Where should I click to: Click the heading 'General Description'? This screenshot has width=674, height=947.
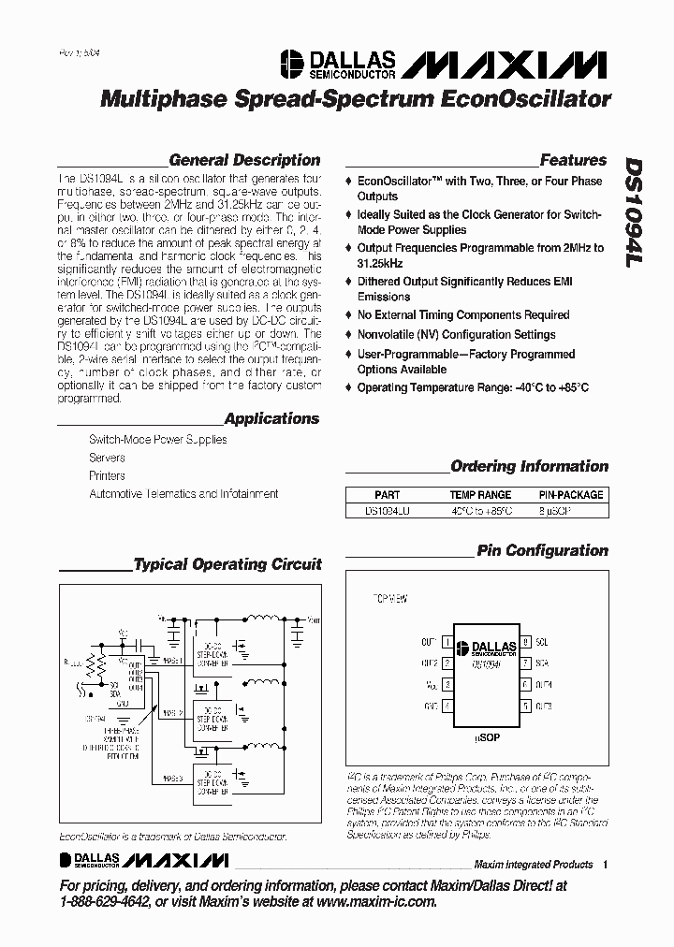tap(244, 160)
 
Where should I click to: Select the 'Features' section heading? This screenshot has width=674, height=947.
tap(573, 160)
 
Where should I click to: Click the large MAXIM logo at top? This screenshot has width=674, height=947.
tap(506, 64)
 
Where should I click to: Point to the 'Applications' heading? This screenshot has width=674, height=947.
tap(271, 419)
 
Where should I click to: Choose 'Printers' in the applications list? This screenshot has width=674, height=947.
tap(107, 475)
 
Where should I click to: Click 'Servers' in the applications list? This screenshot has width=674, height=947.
tap(107, 458)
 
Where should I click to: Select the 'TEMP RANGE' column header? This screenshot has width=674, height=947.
tap(480, 494)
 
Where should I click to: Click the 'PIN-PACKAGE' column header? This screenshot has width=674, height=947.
tap(571, 494)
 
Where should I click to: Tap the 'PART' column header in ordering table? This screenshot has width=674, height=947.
tap(387, 494)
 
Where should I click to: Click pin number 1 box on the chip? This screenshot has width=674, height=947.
tap(447, 642)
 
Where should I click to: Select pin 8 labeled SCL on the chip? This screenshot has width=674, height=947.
tap(527, 642)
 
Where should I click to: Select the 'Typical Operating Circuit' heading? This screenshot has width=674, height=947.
tap(227, 564)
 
